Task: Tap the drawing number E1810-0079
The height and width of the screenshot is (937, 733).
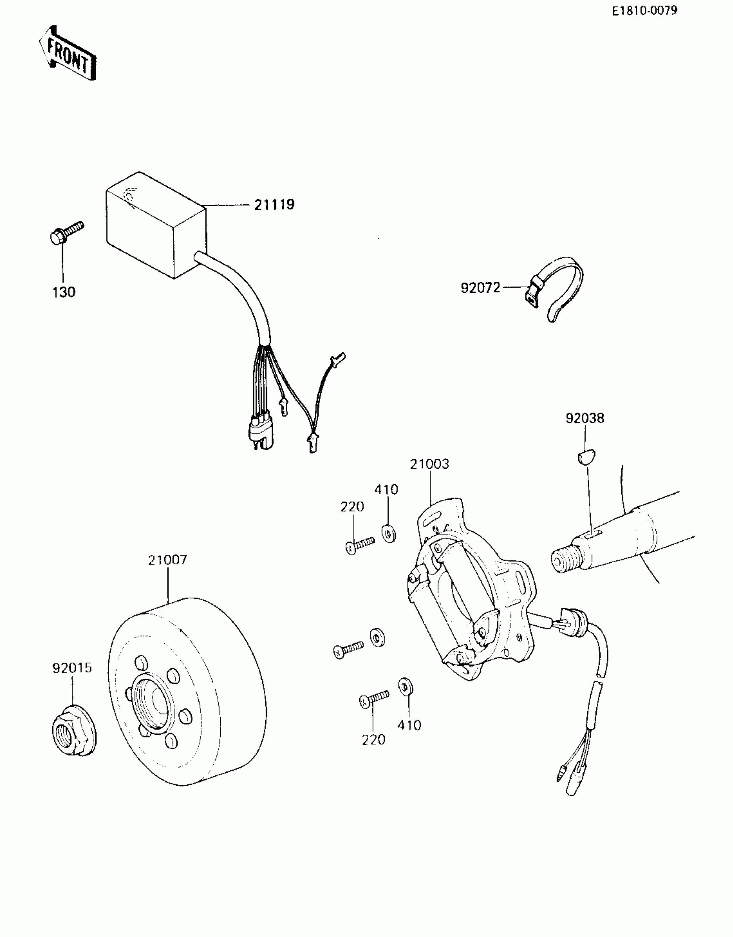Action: tap(644, 11)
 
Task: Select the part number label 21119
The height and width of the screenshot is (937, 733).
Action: tap(274, 204)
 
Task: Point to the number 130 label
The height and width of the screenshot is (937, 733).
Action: tap(64, 292)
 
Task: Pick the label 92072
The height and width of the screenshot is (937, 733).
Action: tap(480, 288)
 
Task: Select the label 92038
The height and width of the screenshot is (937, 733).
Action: tap(585, 418)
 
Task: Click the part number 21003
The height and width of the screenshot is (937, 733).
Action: tap(429, 464)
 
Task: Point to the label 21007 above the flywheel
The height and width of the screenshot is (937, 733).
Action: tap(167, 560)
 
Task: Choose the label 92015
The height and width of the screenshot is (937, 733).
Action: tap(72, 668)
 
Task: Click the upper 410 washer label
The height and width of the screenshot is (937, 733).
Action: tap(386, 489)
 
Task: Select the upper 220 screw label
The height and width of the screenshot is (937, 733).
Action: tap(352, 507)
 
